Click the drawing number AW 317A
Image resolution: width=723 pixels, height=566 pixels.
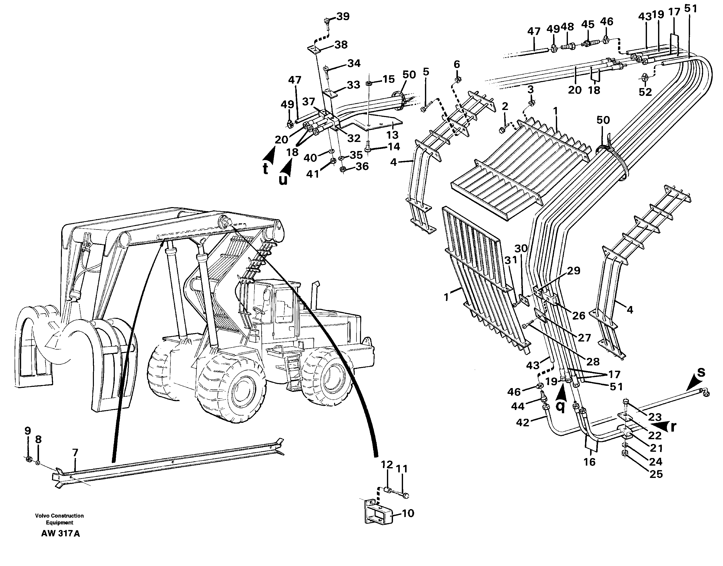(x=60, y=534)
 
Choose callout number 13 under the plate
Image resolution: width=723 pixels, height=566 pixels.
(x=392, y=135)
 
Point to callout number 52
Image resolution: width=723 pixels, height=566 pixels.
(x=645, y=92)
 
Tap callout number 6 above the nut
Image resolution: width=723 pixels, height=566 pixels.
(x=457, y=64)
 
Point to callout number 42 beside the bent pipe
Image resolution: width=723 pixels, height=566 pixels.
(x=523, y=423)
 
